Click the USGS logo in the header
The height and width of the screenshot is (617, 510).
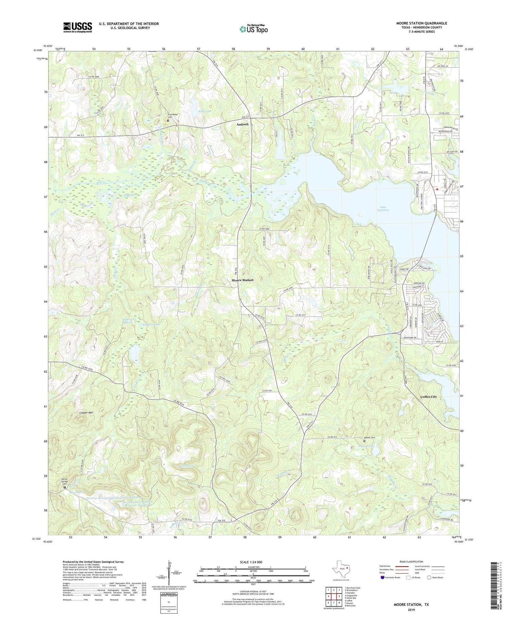[78, 27]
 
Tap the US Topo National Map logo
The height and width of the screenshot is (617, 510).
[253, 29]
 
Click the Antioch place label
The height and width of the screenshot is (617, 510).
[242, 125]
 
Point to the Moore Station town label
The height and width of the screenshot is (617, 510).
[242, 280]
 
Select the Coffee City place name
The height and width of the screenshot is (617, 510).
[428, 397]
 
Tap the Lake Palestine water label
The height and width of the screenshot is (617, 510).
[383, 209]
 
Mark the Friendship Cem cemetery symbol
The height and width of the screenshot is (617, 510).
[168, 120]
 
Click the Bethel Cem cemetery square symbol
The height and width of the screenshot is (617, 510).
[364, 441]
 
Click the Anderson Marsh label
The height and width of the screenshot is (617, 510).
[129, 321]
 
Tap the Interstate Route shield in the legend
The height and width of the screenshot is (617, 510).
[383, 578]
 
